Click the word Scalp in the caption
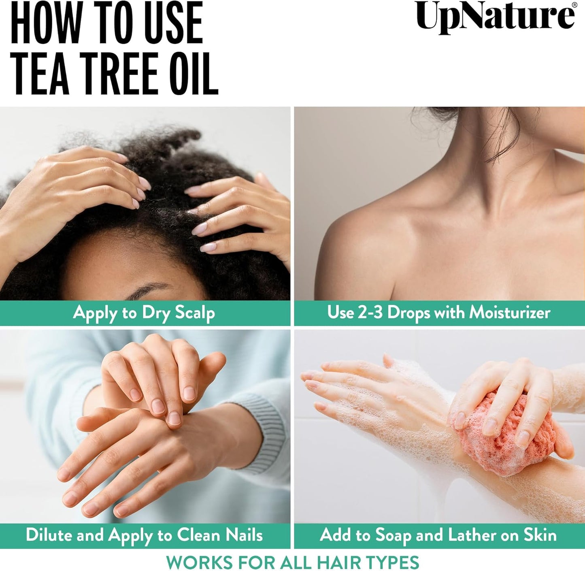coord(194,313)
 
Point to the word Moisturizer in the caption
coord(510,313)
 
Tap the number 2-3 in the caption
coord(370,313)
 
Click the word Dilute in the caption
coord(49,535)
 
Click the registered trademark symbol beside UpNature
coord(574,5)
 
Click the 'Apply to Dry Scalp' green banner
coord(145,313)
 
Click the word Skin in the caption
coord(540,535)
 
